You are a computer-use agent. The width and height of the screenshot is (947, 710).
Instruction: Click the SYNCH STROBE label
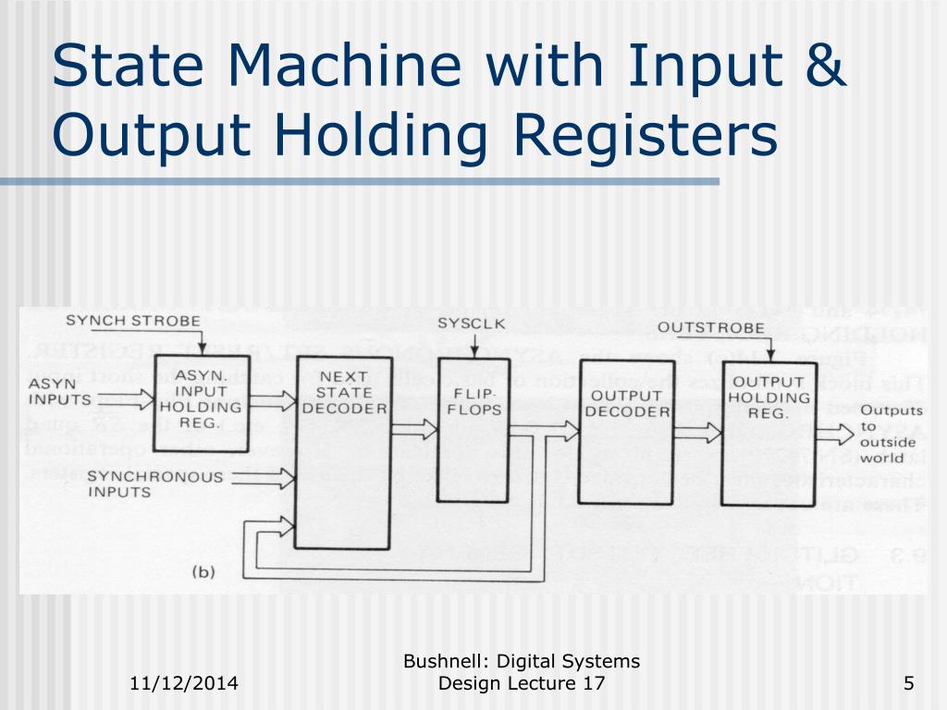coord(133,322)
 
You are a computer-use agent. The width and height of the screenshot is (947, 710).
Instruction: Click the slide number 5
coord(908,684)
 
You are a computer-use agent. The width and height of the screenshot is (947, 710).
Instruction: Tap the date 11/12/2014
coord(183,684)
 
